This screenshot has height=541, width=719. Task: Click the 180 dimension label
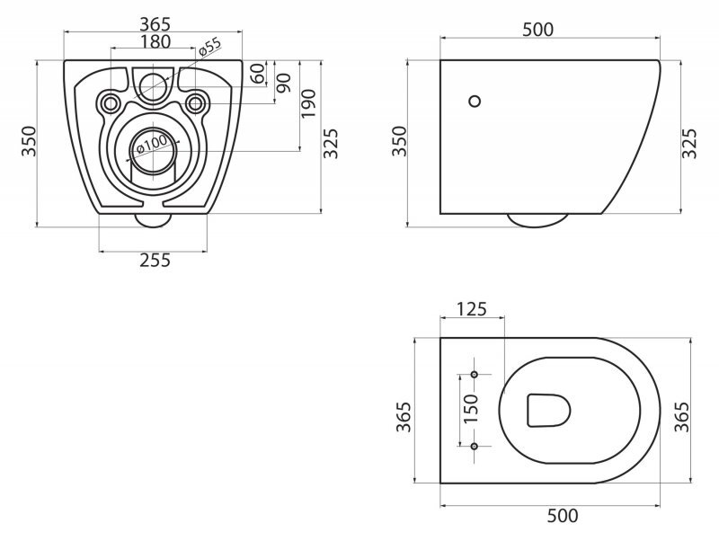155,41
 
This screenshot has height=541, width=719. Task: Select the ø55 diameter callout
210,48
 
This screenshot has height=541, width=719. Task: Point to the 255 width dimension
155,261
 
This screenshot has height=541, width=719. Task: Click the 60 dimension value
258,74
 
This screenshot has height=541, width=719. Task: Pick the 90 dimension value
284,83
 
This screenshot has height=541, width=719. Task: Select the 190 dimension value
308,103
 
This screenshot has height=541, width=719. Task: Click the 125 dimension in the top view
472,309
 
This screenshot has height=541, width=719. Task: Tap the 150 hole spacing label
471,409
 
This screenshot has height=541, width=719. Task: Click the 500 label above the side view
537,30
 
